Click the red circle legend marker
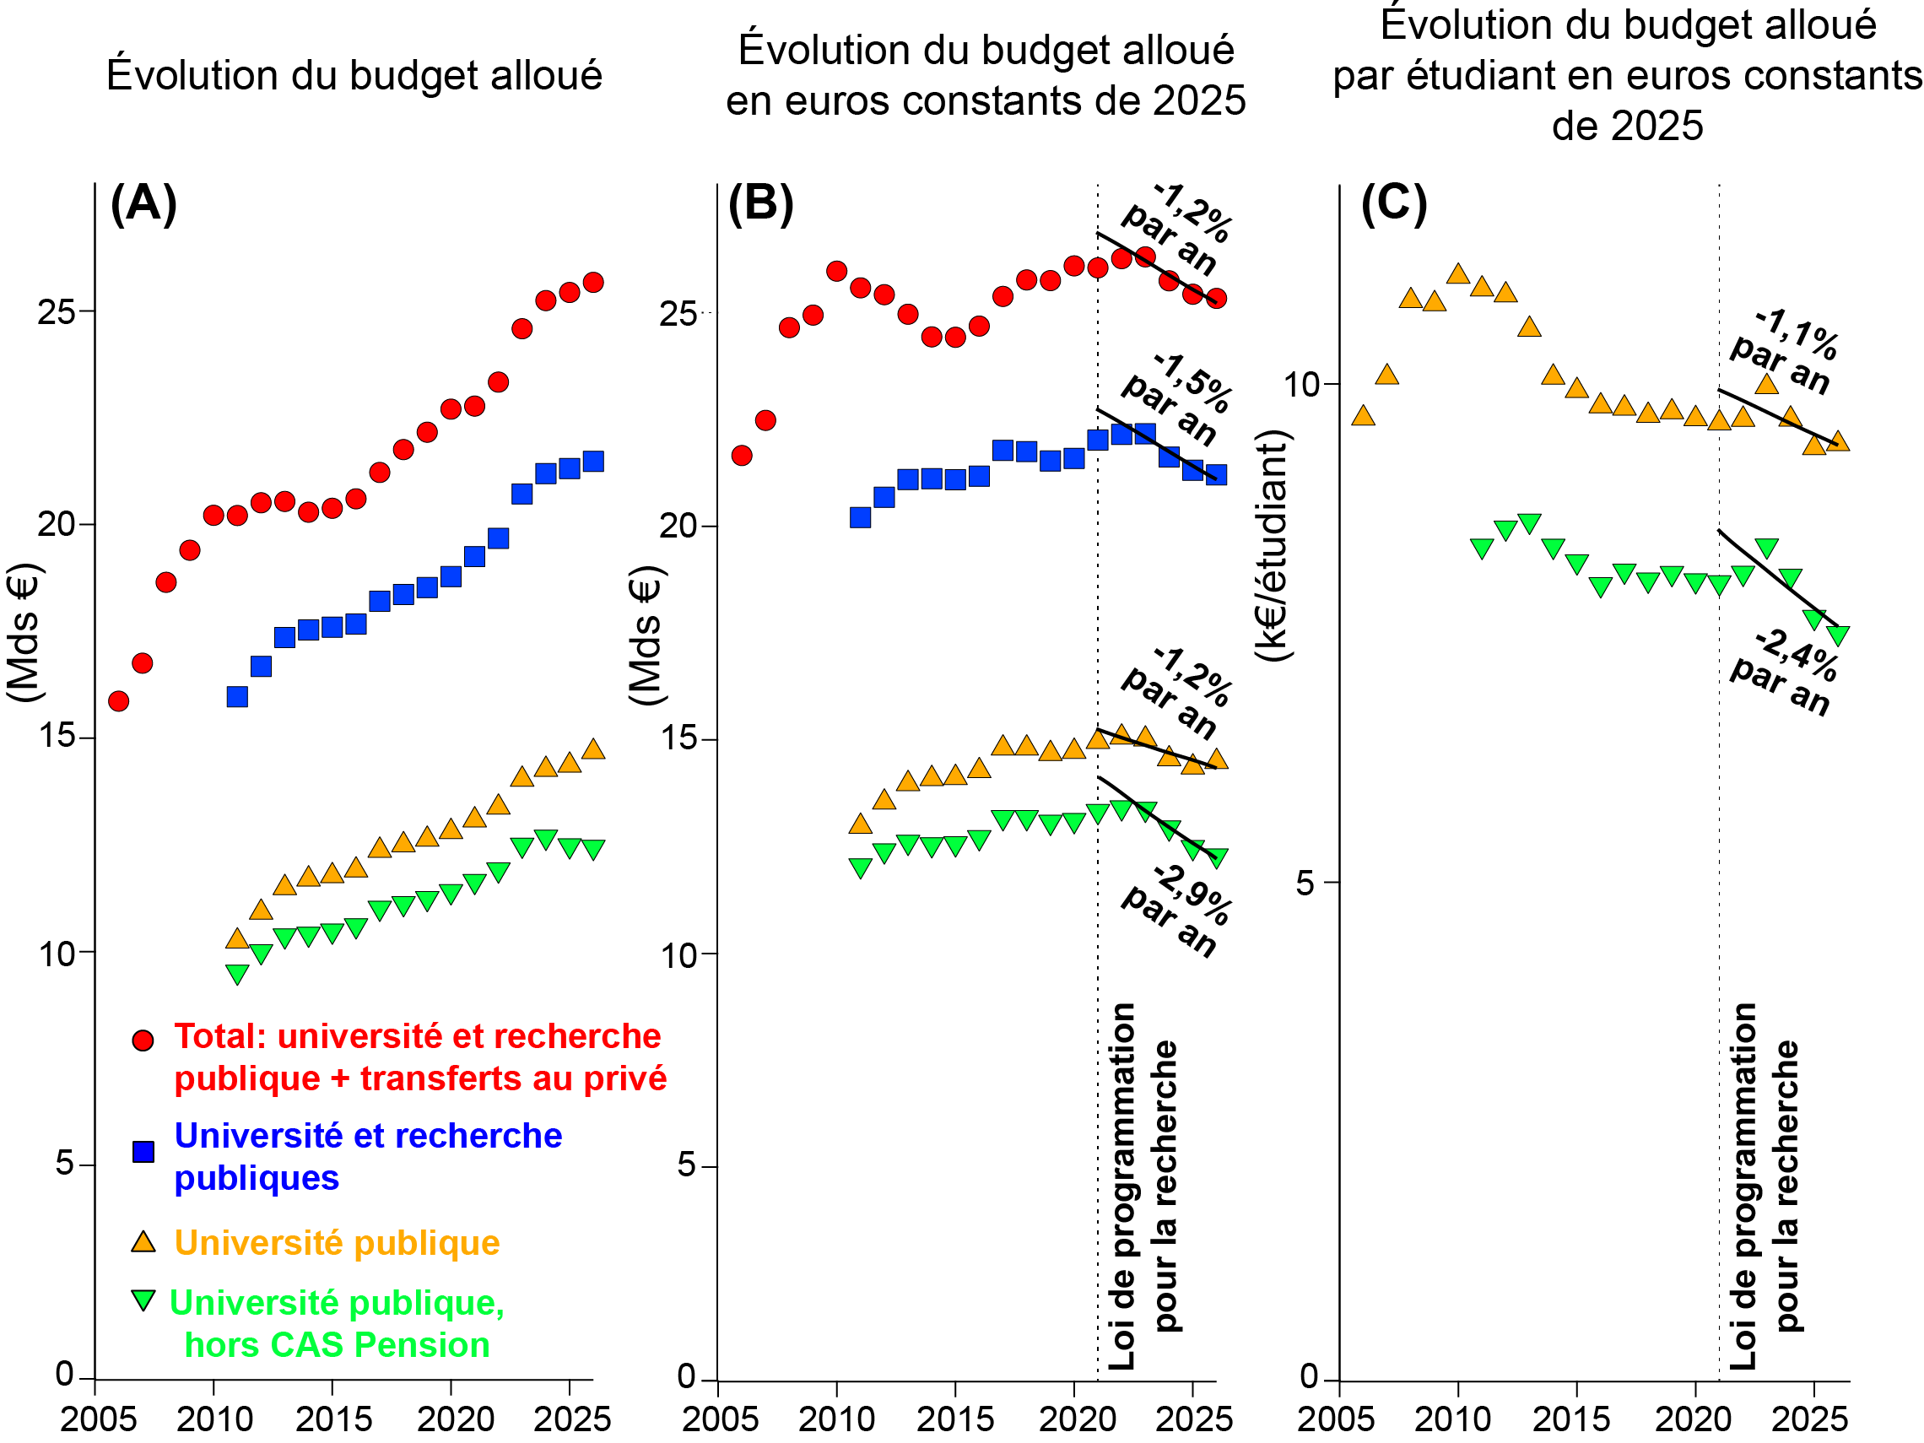pos(143,1040)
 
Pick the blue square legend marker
pos(143,1152)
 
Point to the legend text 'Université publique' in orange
pos(337,1243)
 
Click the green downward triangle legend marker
pos(143,1300)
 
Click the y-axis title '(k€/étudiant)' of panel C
pos(1272,545)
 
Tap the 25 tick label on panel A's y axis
pos(56,311)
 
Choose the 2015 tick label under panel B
pos(955,1419)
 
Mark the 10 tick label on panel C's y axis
pos(1302,384)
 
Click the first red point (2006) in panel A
pos(119,700)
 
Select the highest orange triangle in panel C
pos(1458,275)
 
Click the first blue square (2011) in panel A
pos(237,696)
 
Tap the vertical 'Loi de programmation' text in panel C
pos(1744,1187)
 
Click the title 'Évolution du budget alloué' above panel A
pos(354,76)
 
